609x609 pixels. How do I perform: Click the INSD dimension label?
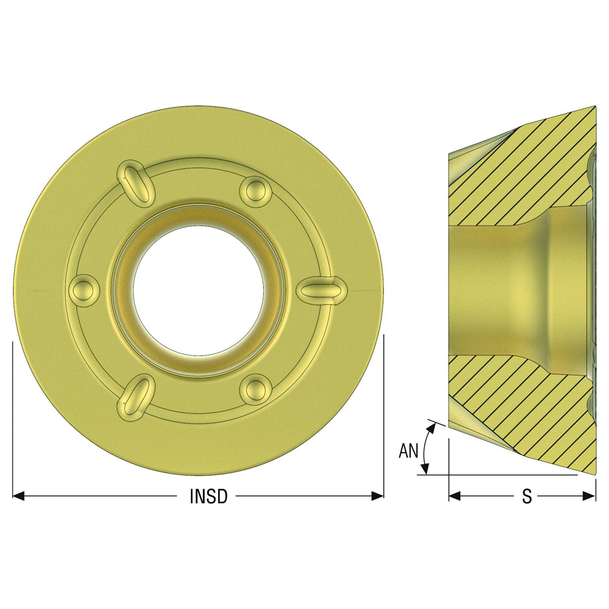(208, 496)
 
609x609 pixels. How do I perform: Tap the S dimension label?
(527, 496)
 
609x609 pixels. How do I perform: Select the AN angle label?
(408, 451)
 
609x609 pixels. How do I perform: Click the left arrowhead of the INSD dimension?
(19, 496)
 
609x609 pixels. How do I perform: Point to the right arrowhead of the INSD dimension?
(377, 496)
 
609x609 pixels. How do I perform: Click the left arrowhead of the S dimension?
(455, 496)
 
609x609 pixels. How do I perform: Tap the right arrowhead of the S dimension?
(589, 496)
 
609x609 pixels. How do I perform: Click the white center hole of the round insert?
(198, 291)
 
